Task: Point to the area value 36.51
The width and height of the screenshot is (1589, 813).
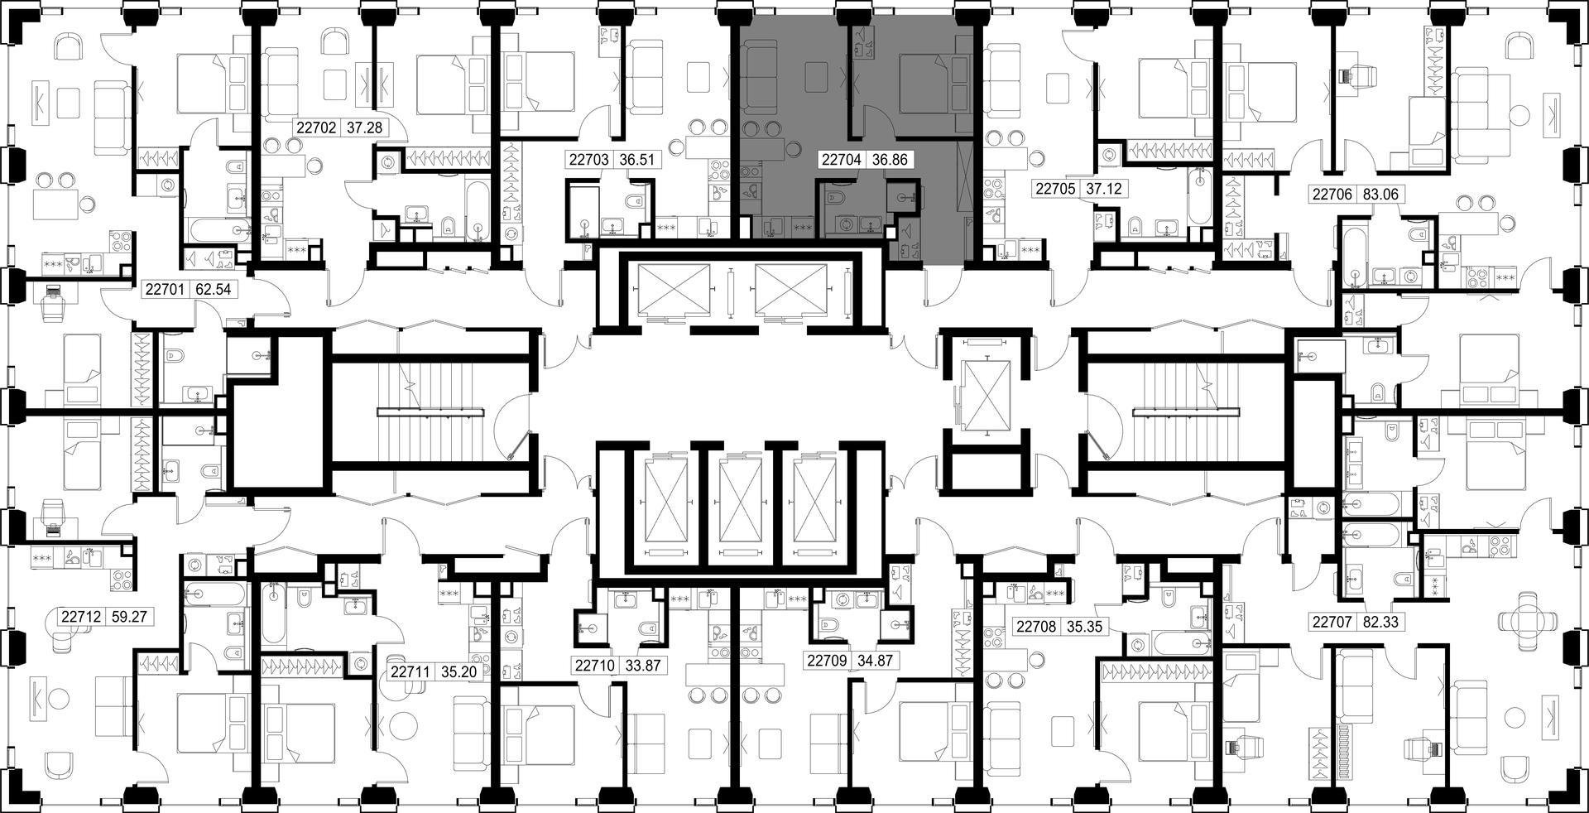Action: [638, 160]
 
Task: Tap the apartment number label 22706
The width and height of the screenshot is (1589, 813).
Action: [1332, 195]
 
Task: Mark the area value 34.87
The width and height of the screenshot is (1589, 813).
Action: [875, 661]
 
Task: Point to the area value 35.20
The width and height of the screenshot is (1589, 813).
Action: [458, 672]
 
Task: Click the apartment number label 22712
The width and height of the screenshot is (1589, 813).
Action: [81, 617]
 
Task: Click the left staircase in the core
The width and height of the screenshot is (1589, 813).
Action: [431, 411]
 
